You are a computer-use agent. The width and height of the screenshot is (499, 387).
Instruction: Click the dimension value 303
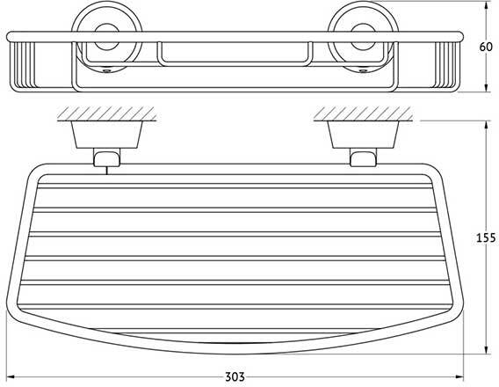(x=235, y=376)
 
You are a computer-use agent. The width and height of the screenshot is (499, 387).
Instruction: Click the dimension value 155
(x=486, y=237)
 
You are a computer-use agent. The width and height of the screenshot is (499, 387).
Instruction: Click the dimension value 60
(x=486, y=47)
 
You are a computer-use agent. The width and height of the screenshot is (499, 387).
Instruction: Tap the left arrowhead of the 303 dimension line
(x=11, y=377)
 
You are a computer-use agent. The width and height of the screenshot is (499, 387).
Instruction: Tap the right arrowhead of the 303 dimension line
(x=459, y=377)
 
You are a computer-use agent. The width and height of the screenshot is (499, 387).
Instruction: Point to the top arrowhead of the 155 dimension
(x=486, y=125)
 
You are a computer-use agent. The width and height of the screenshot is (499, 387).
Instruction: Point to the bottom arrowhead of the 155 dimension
(x=486, y=349)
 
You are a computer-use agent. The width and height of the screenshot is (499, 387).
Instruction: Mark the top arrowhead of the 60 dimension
(x=486, y=5)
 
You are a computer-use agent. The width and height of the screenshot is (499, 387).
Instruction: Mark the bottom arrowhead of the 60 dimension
(x=486, y=88)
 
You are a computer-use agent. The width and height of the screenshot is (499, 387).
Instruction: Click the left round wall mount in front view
(x=106, y=36)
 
